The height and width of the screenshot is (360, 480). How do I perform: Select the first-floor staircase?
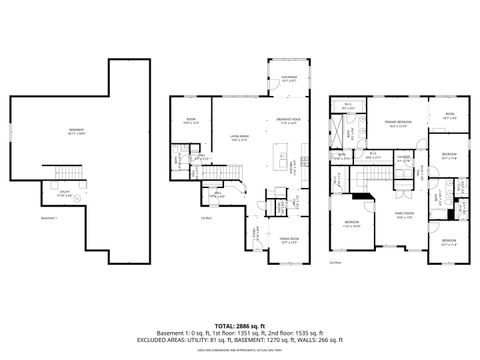tap(233, 189)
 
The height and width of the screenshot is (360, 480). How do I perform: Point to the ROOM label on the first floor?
tap(190, 123)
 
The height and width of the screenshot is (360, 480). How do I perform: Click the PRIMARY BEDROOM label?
tap(397, 124)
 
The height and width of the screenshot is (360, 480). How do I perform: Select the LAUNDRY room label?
tap(405, 157)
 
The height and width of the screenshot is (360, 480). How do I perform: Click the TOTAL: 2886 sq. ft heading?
tap(240, 326)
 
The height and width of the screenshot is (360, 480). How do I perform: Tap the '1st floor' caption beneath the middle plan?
tap(206, 219)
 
